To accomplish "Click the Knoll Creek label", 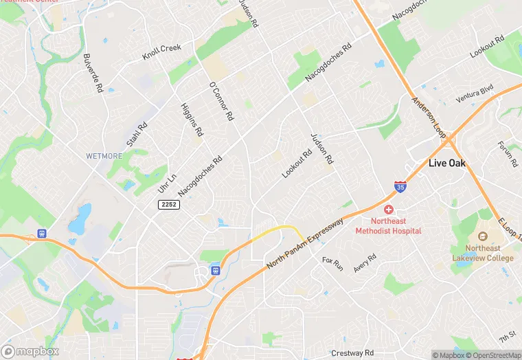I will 161,52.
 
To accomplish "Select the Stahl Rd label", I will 138,135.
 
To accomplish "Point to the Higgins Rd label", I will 192,118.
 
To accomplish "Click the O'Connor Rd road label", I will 220,101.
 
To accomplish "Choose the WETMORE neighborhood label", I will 104,156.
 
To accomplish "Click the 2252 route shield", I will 168,205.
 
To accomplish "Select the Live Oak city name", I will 448,164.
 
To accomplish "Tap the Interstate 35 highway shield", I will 400,186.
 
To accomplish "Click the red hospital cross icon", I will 388,209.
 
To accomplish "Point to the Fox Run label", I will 332,265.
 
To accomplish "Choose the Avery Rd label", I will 365,263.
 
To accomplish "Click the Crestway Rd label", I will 352,352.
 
